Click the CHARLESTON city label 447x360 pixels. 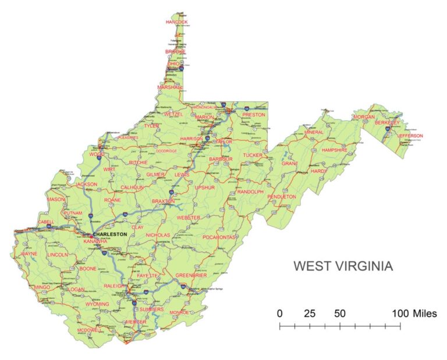[x=109, y=234]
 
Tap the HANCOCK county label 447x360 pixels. [x=177, y=22]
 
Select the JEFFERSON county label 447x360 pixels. [x=410, y=136]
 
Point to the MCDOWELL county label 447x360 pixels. [x=89, y=330]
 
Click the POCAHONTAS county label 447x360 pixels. [x=219, y=237]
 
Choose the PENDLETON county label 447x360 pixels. [x=282, y=197]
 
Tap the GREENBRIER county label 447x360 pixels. [x=191, y=275]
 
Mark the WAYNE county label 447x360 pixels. [x=29, y=254]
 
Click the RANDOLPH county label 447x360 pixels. [x=250, y=191]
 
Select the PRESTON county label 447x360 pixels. [x=253, y=115]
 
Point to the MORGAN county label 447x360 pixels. [x=364, y=117]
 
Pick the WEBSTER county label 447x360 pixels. [x=189, y=218]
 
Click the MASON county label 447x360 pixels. [x=56, y=199]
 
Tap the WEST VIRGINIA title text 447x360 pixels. [x=343, y=266]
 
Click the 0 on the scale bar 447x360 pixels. [x=280, y=313]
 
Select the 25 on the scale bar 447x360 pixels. [x=310, y=313]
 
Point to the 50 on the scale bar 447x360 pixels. [x=340, y=313]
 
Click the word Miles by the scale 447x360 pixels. [x=425, y=313]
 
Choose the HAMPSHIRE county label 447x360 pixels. [x=335, y=150]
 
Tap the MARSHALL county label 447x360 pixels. [x=170, y=87]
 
